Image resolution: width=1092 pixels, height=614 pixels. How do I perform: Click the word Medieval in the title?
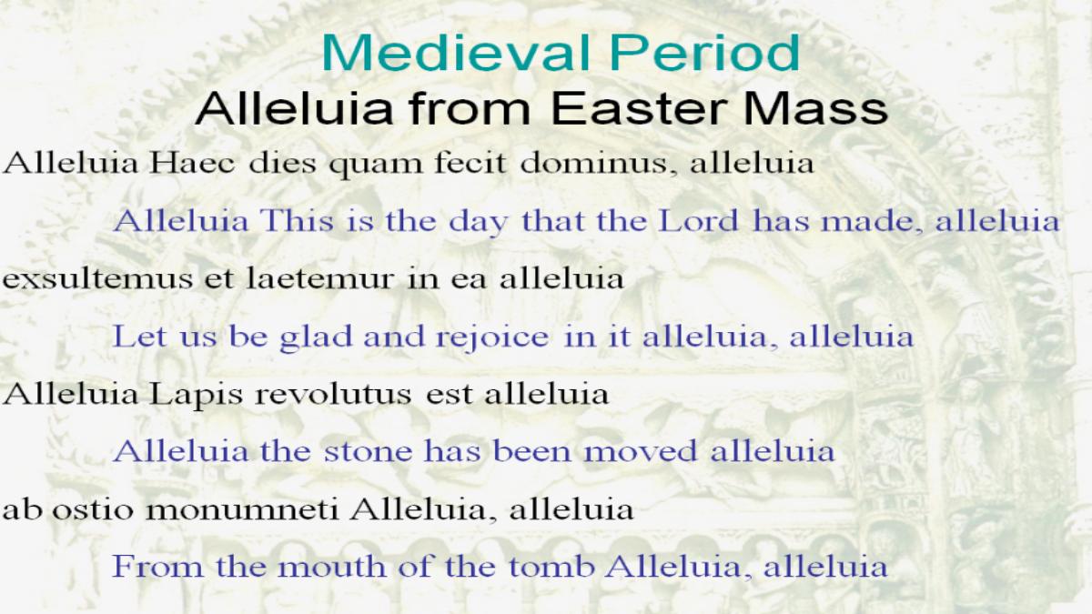tap(456, 53)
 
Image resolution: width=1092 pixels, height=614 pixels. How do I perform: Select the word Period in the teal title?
tap(705, 53)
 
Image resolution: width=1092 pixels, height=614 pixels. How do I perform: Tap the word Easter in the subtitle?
tap(640, 108)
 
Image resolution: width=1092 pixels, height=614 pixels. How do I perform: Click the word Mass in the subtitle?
tap(815, 108)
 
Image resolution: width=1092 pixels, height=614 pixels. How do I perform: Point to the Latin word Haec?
tap(193, 163)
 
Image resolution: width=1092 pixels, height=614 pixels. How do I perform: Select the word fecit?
tap(470, 163)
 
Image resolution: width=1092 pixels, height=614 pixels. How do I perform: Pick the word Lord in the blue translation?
tap(698, 221)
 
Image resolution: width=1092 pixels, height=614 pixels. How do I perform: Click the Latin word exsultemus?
tap(97, 279)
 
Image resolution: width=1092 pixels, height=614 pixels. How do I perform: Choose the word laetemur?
tap(320, 279)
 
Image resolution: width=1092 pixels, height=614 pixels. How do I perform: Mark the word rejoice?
tap(492, 338)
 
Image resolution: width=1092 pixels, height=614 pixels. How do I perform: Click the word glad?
tap(316, 338)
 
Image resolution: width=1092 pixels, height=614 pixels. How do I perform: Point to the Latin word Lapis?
tap(196, 396)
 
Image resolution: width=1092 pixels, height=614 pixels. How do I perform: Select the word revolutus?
tap(333, 395)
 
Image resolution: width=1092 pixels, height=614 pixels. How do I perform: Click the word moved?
tap(640, 451)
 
